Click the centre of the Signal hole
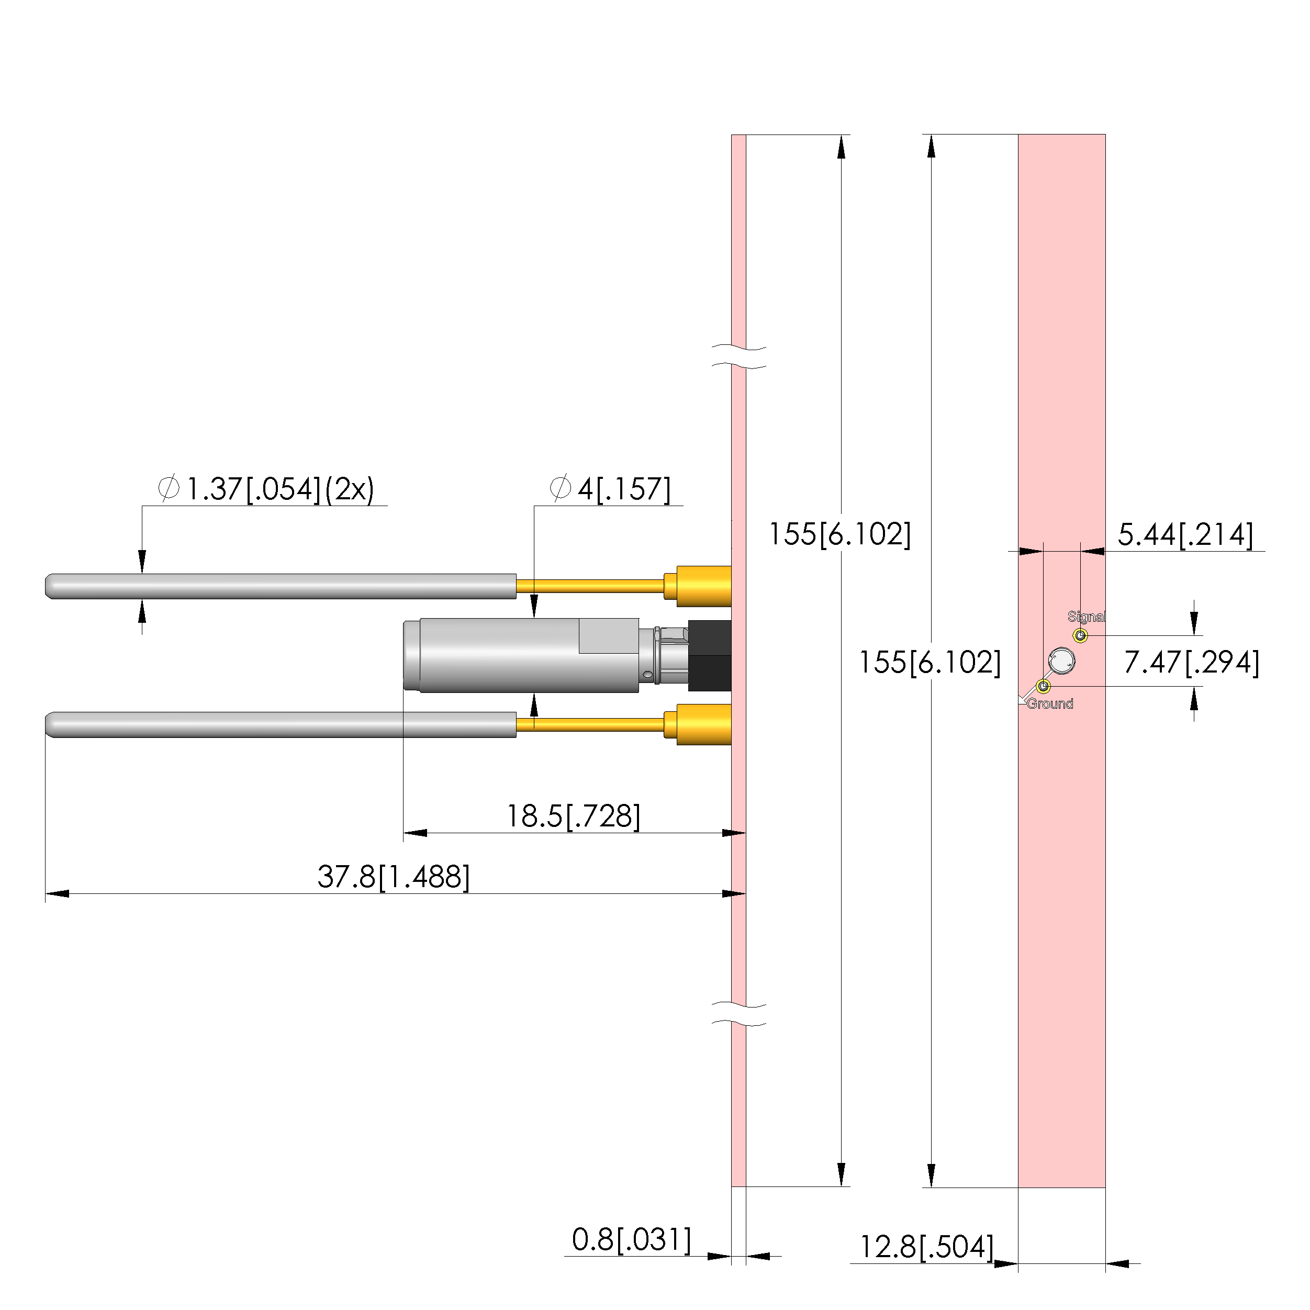tap(1081, 635)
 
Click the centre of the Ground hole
tap(1044, 687)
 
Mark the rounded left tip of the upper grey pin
tap(46, 587)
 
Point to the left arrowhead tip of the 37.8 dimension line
tap(46, 894)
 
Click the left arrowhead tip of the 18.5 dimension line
tap(404, 833)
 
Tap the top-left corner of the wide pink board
tap(1018, 135)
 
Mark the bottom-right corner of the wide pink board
tap(1106, 1188)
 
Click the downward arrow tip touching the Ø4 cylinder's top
tap(534, 618)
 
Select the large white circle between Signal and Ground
tap(1061, 660)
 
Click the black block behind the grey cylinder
tap(709, 656)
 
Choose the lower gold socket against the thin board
tap(698, 724)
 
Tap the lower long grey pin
tap(281, 725)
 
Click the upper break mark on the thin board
tap(738, 357)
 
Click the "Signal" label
tap(1086, 617)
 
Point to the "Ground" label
tap(1050, 704)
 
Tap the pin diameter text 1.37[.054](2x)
tap(266, 489)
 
